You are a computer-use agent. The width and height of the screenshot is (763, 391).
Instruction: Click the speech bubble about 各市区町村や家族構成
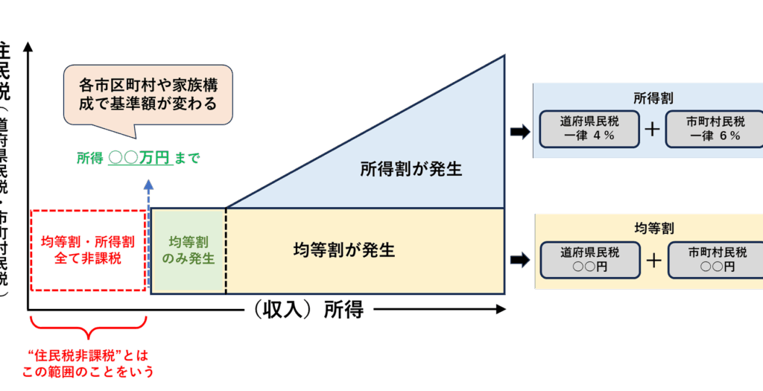[148, 94]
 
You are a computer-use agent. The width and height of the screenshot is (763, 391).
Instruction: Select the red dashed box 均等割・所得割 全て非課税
[88, 250]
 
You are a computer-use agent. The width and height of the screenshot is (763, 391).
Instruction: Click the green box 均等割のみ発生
[188, 250]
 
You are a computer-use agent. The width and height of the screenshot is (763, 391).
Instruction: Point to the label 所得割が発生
[411, 169]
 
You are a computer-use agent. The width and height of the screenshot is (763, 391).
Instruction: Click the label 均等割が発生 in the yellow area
[343, 249]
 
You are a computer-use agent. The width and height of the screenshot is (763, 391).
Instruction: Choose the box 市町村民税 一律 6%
[715, 128]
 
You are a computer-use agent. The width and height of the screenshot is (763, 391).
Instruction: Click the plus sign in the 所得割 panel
[652, 129]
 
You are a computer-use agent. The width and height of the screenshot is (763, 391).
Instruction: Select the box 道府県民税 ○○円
[590, 259]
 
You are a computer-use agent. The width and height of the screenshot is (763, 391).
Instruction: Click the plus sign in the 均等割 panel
[653, 260]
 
